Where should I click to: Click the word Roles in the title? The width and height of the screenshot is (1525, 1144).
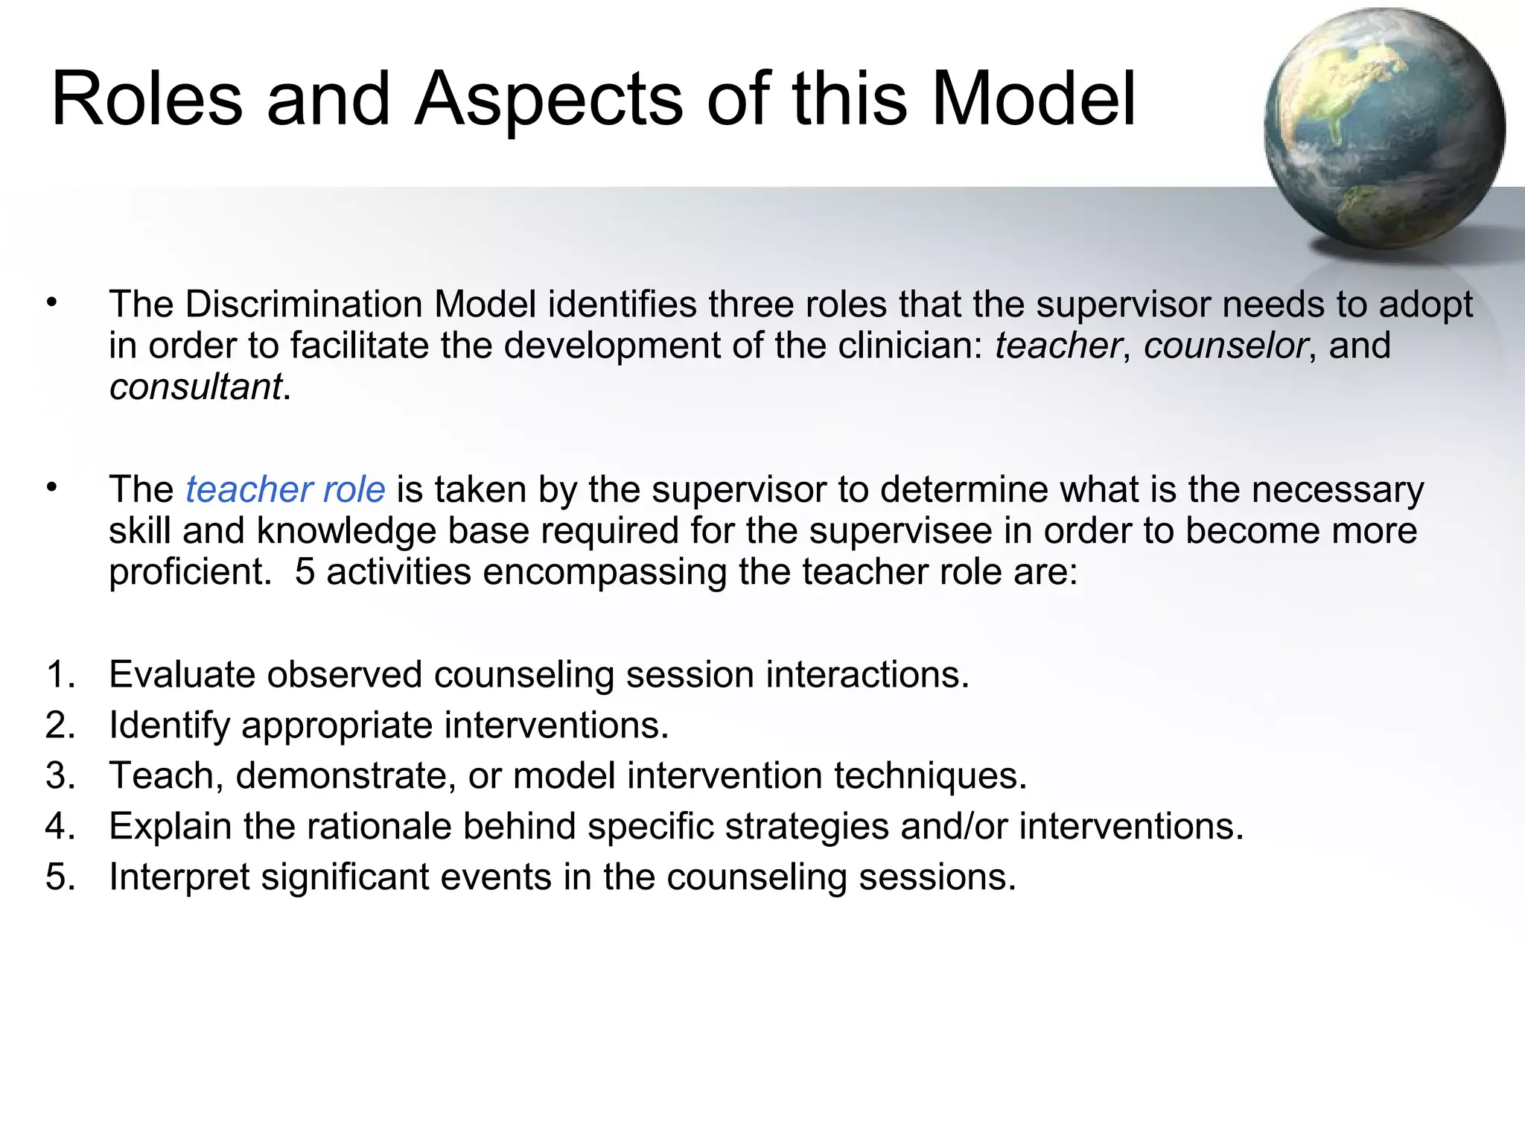pos(147,99)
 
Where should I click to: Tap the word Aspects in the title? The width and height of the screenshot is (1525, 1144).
pos(548,99)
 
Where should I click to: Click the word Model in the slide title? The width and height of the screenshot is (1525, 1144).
pos(1034,99)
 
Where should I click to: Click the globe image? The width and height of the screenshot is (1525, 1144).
pos(1384,128)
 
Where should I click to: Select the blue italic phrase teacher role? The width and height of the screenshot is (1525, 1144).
pos(285,490)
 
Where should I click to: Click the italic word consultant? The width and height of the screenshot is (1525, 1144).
pos(195,387)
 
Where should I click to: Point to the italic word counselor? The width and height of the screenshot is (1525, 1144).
pos(1225,346)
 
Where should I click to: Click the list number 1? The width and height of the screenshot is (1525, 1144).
pos(60,675)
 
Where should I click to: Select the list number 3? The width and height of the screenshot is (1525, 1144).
pos(60,776)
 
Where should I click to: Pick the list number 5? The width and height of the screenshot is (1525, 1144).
pos(60,877)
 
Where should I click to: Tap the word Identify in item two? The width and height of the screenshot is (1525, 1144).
pos(169,725)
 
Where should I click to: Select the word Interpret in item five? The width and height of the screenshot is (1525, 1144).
pos(179,877)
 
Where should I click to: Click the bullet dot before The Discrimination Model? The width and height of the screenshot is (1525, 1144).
pos(51,303)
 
